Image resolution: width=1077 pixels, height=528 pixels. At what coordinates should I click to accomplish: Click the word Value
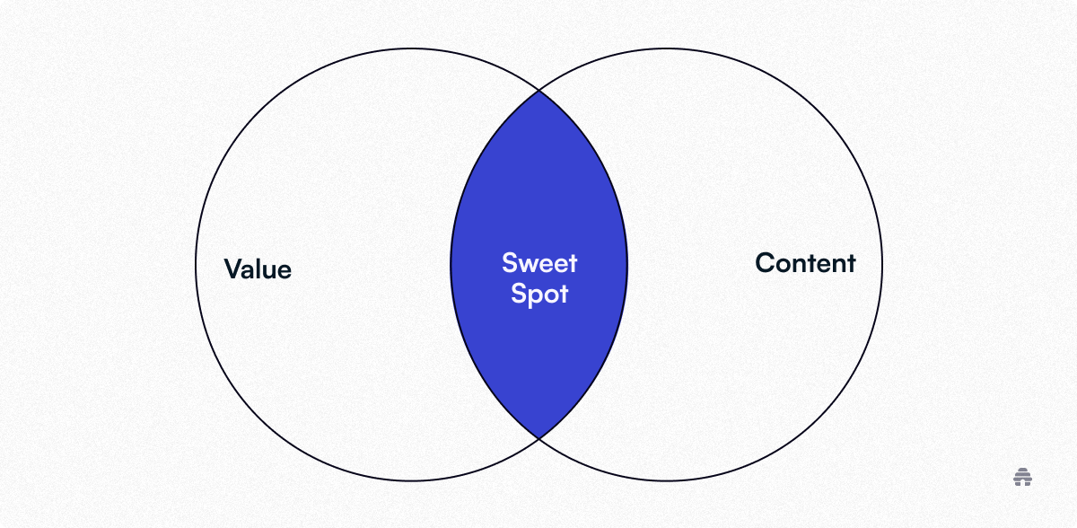coord(258,268)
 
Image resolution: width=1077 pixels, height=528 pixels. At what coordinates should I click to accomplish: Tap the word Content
coord(805,263)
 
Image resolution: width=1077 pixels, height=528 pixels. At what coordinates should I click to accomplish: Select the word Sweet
coord(539,263)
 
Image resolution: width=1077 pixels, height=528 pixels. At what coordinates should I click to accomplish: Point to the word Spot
coord(539,294)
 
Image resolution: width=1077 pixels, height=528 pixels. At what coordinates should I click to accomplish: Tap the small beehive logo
coord(1022,477)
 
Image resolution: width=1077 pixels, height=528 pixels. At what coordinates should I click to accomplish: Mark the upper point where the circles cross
coord(539,90)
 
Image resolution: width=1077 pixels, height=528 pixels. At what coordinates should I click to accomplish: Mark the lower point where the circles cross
coord(539,438)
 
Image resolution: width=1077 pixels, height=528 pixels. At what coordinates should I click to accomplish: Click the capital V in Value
coord(233,268)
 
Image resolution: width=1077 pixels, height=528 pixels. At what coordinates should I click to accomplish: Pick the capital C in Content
coord(765,263)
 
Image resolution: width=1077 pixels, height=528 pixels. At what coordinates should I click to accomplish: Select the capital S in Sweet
coord(509,263)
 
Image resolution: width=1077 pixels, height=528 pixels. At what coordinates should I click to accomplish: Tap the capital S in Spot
coord(519,294)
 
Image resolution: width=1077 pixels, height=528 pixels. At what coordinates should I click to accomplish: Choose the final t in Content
coord(852,264)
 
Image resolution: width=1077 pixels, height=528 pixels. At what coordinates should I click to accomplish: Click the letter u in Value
coord(267,272)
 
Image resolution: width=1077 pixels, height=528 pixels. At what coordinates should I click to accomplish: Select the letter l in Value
coord(258,268)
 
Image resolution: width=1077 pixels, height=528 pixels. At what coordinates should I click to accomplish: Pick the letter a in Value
coord(248,272)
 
